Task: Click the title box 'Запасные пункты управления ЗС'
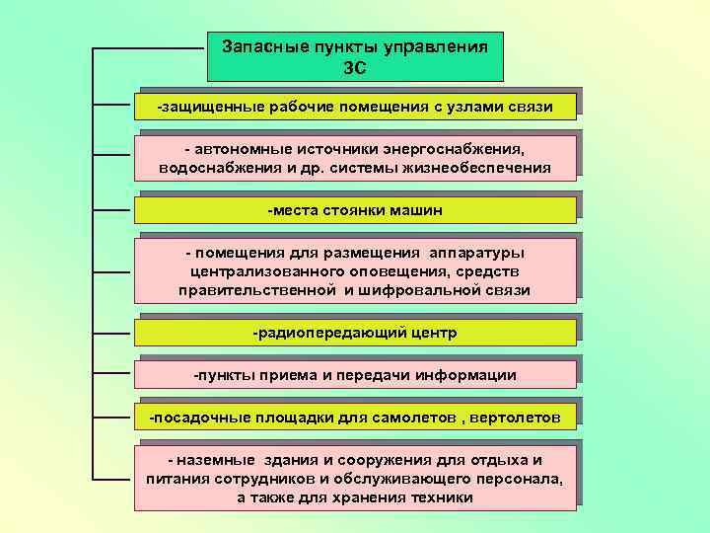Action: pyautogui.click(x=355, y=56)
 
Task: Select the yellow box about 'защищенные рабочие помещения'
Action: pyautogui.click(x=355, y=106)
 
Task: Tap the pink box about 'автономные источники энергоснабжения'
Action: pyautogui.click(x=355, y=158)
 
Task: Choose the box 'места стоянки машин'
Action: pyautogui.click(x=355, y=210)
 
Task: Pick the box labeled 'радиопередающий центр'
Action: pyautogui.click(x=355, y=333)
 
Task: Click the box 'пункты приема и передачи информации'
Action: pyautogui.click(x=355, y=375)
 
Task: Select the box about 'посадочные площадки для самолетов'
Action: pyautogui.click(x=355, y=418)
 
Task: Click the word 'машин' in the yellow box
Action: pyautogui.click(x=418, y=210)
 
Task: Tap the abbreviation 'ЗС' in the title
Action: pyautogui.click(x=355, y=67)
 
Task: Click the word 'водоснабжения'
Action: pyautogui.click(x=213, y=168)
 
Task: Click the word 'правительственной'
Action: pyautogui.click(x=258, y=290)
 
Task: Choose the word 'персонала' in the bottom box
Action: pyautogui.click(x=521, y=479)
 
